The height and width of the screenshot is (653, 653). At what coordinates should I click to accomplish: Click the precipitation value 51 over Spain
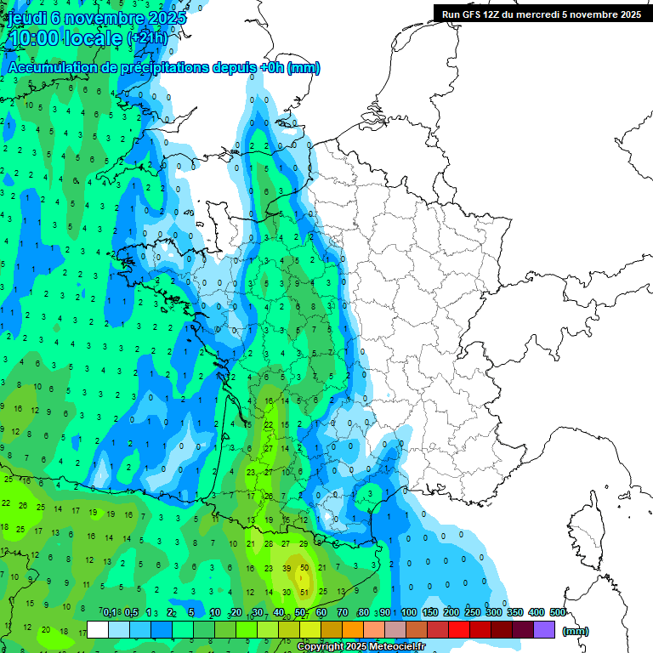(304, 593)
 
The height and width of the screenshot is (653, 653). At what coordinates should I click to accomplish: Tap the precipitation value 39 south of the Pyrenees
(287, 569)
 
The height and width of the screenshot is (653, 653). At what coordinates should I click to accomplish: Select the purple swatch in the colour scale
(544, 630)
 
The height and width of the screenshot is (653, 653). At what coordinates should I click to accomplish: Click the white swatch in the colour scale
(98, 630)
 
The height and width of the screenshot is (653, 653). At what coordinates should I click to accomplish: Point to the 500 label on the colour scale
(558, 612)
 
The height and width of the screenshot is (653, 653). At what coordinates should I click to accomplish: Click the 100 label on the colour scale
(409, 612)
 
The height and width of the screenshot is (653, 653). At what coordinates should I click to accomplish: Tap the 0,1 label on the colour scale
(110, 612)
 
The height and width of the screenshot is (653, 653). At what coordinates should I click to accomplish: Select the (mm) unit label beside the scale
(576, 631)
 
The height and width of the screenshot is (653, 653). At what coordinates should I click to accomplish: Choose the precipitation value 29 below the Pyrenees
(304, 544)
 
